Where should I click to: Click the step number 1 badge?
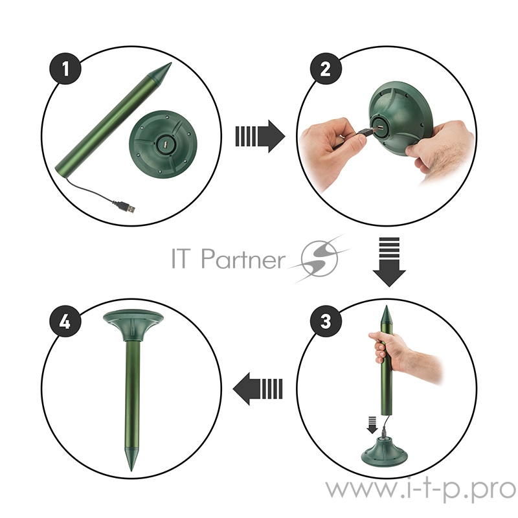65,69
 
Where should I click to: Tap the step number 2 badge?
326,69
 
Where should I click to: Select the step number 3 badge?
326,321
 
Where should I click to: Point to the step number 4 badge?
65,321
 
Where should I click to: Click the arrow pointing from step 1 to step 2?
260,136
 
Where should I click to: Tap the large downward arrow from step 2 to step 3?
389,262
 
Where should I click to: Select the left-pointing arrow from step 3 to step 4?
258,388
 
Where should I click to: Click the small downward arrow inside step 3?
372,425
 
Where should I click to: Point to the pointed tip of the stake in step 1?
171,63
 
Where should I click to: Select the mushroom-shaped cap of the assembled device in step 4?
133,325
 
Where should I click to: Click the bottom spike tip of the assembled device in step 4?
132,470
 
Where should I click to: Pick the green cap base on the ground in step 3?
384,450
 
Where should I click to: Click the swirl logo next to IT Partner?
319,258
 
